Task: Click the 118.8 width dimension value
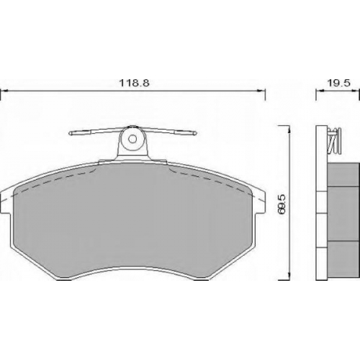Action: tap(135, 83)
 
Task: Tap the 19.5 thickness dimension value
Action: tap(339, 83)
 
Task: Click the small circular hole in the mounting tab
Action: tap(132, 139)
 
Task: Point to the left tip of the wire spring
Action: tap(69, 133)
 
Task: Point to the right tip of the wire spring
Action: tap(197, 133)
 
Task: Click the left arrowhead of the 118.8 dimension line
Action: tap(5, 91)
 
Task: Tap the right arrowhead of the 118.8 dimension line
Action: tap(261, 91)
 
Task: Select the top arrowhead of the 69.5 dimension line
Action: tap(289, 130)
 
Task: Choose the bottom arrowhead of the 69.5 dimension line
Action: tap(289, 276)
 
